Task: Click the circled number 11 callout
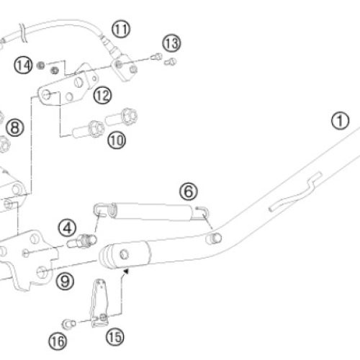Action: (x=121, y=30)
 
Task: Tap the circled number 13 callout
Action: (x=171, y=43)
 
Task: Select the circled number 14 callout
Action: (x=23, y=66)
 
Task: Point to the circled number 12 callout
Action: (x=102, y=95)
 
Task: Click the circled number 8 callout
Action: (x=15, y=127)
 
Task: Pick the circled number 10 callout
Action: (x=117, y=140)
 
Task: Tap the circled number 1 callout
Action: (x=341, y=121)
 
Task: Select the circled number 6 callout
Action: (x=189, y=192)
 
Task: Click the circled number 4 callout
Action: (x=67, y=228)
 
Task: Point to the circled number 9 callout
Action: (x=65, y=281)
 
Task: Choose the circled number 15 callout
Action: (x=115, y=337)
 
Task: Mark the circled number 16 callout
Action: (x=58, y=341)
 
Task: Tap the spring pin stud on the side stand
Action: (x=214, y=238)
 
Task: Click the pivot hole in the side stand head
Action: (x=124, y=254)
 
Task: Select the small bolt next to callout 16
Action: (x=69, y=324)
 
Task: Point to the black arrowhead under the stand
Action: (x=126, y=271)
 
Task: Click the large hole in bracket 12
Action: (x=78, y=82)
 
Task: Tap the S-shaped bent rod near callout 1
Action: (x=295, y=192)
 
